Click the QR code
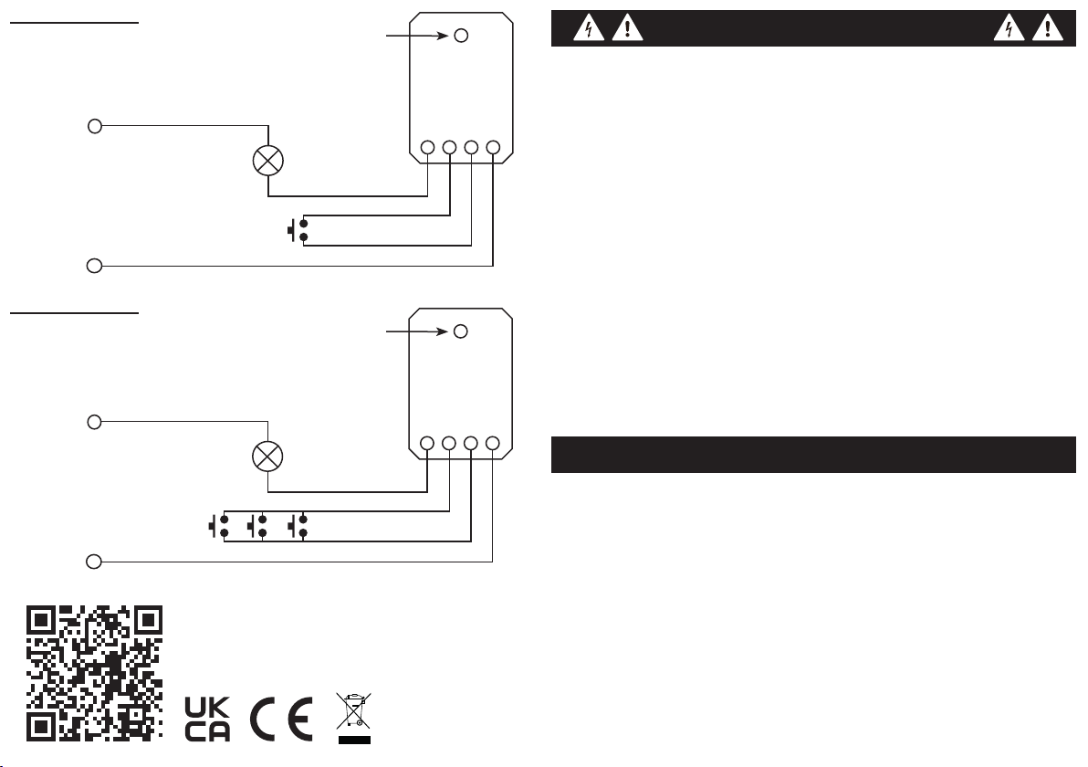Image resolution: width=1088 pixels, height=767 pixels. pos(94,673)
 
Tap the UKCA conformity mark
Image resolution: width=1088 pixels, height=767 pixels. pos(207,720)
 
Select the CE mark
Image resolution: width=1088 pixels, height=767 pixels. pos(281,720)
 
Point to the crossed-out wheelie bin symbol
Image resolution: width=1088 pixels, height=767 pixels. pos(354,718)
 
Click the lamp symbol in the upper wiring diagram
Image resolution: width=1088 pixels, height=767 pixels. pos(268,161)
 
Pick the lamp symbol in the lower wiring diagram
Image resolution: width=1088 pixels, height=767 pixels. pos(267,457)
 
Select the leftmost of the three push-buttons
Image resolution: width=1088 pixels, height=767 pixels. pos(219,526)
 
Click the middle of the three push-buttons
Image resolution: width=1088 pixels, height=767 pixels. pos(257,526)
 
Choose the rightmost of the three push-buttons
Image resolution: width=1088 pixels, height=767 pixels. pos(298,526)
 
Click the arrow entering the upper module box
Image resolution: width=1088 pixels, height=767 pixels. pos(417,36)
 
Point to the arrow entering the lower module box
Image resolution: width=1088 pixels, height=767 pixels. pos(417,331)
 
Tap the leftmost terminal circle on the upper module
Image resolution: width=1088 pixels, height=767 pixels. pos(427,147)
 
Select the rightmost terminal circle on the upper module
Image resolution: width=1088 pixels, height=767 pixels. pos(494,147)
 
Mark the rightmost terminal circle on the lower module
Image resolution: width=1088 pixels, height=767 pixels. pos(493,443)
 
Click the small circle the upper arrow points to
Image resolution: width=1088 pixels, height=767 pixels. pos(461,36)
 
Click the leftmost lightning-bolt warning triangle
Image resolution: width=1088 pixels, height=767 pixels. pos(589,28)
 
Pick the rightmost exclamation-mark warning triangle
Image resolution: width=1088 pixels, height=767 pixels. pos(1048,28)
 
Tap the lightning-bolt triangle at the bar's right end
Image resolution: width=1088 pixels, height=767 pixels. pos(1009,28)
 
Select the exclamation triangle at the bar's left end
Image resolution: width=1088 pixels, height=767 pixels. pos(627,28)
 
